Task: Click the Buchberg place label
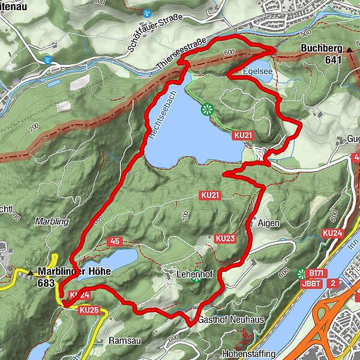coord(321,49)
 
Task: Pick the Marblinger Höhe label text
coord(74,272)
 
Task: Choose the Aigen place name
coord(268,223)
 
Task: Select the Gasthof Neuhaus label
coord(230,320)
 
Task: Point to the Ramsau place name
coord(124,340)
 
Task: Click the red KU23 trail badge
coord(224,238)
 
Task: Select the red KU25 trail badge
coord(88,310)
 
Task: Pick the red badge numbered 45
coord(115,241)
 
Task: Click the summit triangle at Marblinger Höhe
coord(31,273)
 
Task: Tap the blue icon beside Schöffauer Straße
coord(148,13)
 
